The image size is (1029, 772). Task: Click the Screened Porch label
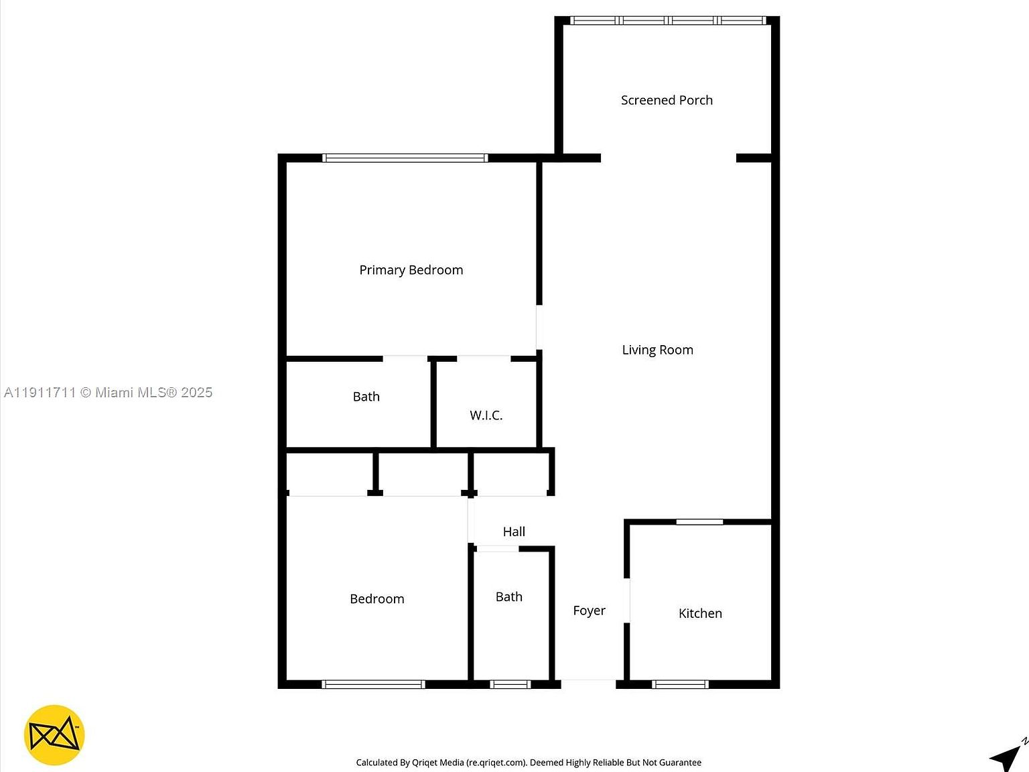pyautogui.click(x=667, y=101)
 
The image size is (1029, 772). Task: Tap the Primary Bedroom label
pyautogui.click(x=411, y=270)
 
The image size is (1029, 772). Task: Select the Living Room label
pyautogui.click(x=657, y=350)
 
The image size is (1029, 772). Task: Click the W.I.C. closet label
pyautogui.click(x=486, y=415)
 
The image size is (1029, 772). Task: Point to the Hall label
pyautogui.click(x=514, y=531)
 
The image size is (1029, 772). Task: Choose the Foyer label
pyautogui.click(x=589, y=610)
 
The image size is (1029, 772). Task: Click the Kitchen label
pyautogui.click(x=700, y=613)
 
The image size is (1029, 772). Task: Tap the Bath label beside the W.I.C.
pyautogui.click(x=366, y=397)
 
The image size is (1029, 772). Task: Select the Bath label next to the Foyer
pyautogui.click(x=508, y=596)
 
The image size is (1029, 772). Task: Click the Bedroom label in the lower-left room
pyautogui.click(x=376, y=599)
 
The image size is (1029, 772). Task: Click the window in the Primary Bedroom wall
pyautogui.click(x=405, y=158)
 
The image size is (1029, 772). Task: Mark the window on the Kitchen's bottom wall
pyautogui.click(x=680, y=684)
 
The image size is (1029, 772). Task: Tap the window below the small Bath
pyautogui.click(x=510, y=684)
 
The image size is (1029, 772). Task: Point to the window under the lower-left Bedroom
pyautogui.click(x=373, y=684)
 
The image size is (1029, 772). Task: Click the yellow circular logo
pyautogui.click(x=54, y=735)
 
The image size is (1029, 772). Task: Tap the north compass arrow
pyautogui.click(x=1007, y=757)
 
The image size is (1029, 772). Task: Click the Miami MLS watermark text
pyautogui.click(x=109, y=393)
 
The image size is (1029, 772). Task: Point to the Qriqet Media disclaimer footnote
pyautogui.click(x=529, y=763)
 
